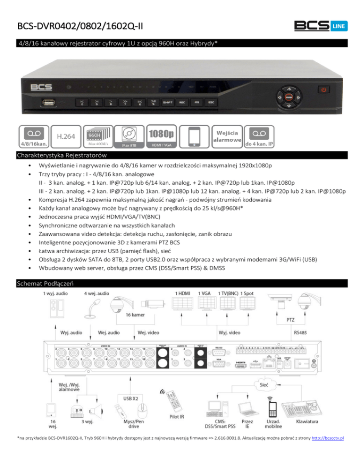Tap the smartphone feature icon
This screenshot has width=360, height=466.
pos(194,136)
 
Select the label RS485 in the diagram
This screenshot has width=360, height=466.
pos(300,332)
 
